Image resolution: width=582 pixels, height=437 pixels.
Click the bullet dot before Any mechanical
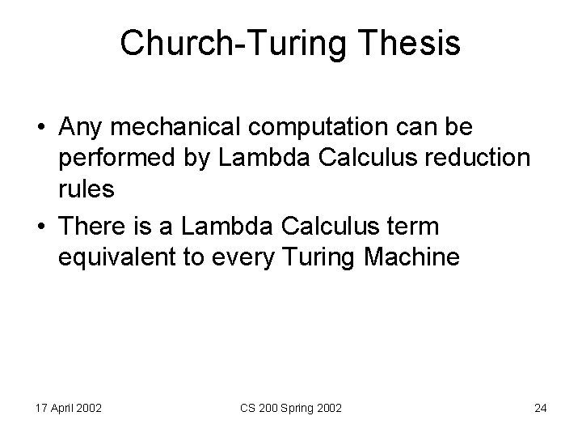pos(40,129)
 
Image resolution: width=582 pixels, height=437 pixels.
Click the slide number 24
pos(541,408)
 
